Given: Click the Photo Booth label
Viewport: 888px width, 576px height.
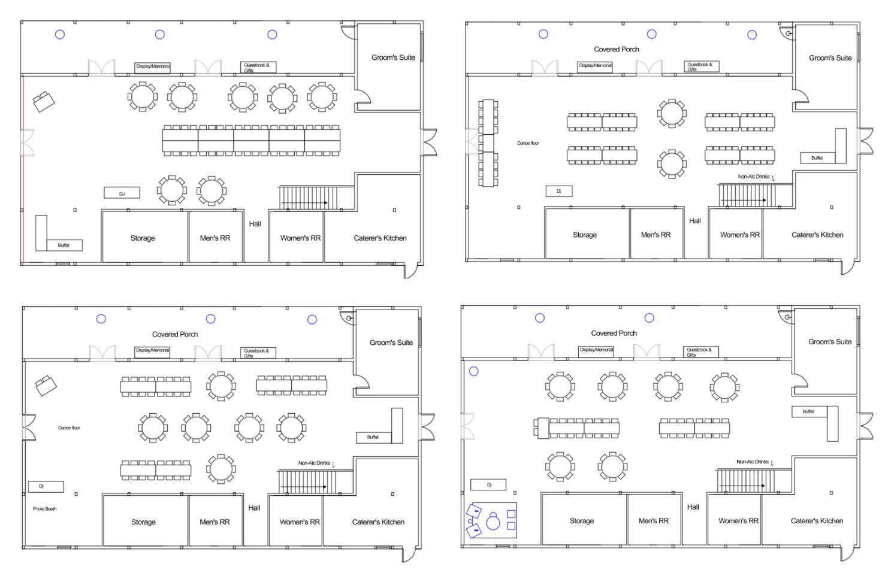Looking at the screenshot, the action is point(44,509).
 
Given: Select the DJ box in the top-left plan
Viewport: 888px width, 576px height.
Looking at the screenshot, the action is point(122,193).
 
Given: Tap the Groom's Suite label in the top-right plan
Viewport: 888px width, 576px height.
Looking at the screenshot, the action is point(830,58).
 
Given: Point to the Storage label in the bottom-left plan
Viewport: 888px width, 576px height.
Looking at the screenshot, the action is point(143,522).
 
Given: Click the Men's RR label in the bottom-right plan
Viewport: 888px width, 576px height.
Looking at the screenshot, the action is point(653,521).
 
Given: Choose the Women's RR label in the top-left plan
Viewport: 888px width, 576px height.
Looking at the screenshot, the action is point(300,238).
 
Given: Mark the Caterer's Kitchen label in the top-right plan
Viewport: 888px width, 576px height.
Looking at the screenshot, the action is point(817,235).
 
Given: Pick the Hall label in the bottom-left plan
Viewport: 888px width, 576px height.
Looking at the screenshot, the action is point(254,508).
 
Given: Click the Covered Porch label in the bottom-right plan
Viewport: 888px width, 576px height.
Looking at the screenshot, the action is point(614,334).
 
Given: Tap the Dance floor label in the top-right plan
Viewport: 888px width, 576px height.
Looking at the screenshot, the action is point(528,143).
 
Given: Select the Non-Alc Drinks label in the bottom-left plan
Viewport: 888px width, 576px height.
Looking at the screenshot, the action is point(314,463).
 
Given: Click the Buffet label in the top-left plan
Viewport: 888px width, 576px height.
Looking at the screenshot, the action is point(64,245).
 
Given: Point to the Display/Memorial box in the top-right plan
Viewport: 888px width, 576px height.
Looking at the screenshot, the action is point(595,66).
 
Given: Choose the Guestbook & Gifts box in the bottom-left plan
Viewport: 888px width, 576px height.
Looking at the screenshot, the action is point(258,353).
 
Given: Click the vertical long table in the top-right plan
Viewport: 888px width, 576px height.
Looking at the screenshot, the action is point(488,143).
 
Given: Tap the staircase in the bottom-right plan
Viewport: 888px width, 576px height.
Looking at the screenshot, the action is point(745,481).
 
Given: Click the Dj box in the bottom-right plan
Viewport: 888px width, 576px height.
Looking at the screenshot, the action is point(488,485).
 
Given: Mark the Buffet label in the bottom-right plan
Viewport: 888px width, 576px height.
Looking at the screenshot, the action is point(808,412).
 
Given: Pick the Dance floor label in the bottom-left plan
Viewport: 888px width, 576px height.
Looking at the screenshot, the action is point(69,428).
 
